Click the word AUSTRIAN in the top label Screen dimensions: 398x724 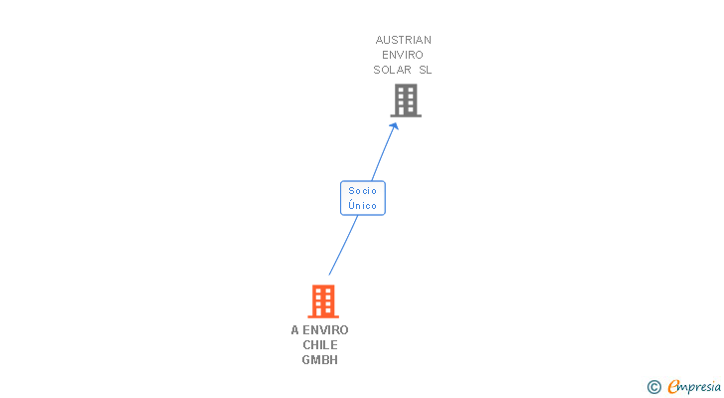point(403,40)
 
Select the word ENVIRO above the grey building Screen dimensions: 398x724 point(403,55)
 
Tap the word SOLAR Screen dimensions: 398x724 point(392,70)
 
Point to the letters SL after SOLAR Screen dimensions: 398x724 point(426,70)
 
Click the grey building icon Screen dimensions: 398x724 point(405,99)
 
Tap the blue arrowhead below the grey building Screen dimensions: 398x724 point(395,126)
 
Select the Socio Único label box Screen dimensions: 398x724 point(362,198)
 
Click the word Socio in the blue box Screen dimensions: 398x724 point(362,191)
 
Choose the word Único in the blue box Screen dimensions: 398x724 point(362,205)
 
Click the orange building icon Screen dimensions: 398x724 point(323,300)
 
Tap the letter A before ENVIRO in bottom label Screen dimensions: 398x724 point(295,329)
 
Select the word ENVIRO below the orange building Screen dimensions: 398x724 point(326,329)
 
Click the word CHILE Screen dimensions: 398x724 point(320,344)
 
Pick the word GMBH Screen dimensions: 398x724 point(320,359)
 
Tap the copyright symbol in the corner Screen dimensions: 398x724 point(653,386)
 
